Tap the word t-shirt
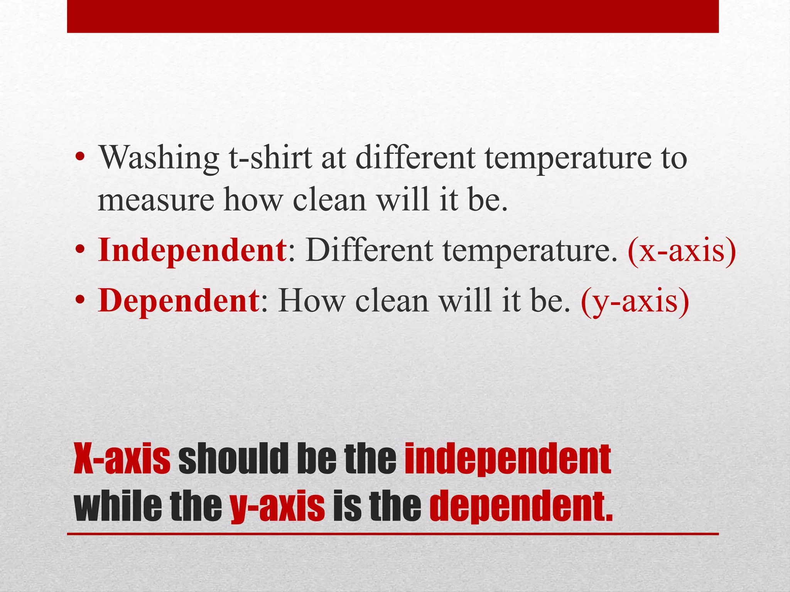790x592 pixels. (x=270, y=158)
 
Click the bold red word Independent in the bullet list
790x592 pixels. (x=192, y=251)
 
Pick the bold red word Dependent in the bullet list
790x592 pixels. (x=178, y=301)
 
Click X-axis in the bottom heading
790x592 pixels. (x=122, y=459)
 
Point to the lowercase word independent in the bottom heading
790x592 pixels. (x=508, y=459)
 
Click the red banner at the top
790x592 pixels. (x=393, y=16)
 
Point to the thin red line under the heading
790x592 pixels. (x=393, y=534)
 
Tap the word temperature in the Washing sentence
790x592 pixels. (x=567, y=158)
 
